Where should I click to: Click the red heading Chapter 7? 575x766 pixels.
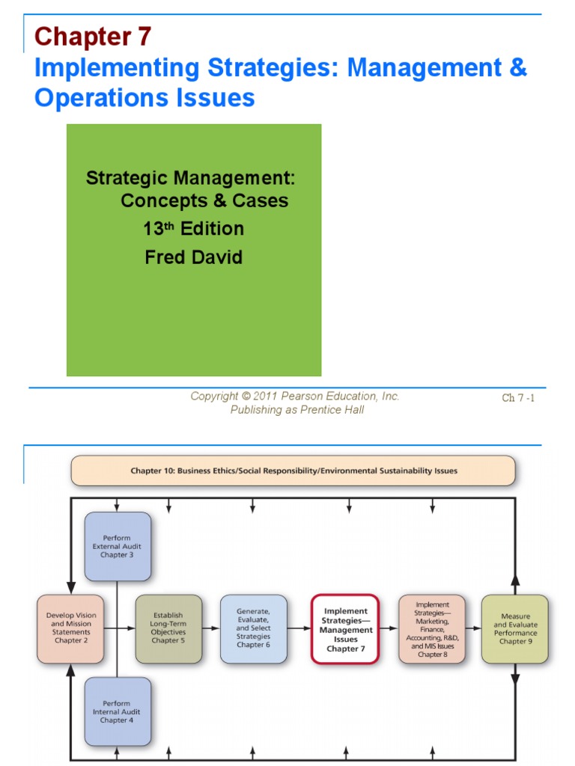[x=93, y=36]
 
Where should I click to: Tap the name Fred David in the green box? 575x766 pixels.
[x=194, y=258]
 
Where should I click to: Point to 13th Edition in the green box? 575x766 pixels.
[x=194, y=229]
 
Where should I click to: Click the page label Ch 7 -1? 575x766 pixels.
[x=518, y=398]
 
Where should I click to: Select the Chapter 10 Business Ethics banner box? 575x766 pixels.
[x=293, y=471]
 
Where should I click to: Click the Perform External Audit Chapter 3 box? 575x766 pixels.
[x=118, y=546]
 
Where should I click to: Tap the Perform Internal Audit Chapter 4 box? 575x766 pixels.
[x=118, y=711]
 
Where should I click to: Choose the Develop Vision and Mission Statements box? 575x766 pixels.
[x=70, y=629]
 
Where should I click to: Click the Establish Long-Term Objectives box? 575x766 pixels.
[x=168, y=629]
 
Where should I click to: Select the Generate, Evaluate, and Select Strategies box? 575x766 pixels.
[x=254, y=629]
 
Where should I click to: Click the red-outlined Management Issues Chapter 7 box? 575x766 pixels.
[x=345, y=629]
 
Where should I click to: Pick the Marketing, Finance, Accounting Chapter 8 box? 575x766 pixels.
[x=431, y=629]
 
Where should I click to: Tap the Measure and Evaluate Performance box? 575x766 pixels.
[x=515, y=629]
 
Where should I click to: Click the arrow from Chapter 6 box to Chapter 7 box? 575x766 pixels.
[x=299, y=629]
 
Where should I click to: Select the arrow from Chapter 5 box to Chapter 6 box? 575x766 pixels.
[x=211, y=629]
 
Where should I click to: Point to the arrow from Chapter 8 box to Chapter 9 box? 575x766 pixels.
[x=472, y=629]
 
